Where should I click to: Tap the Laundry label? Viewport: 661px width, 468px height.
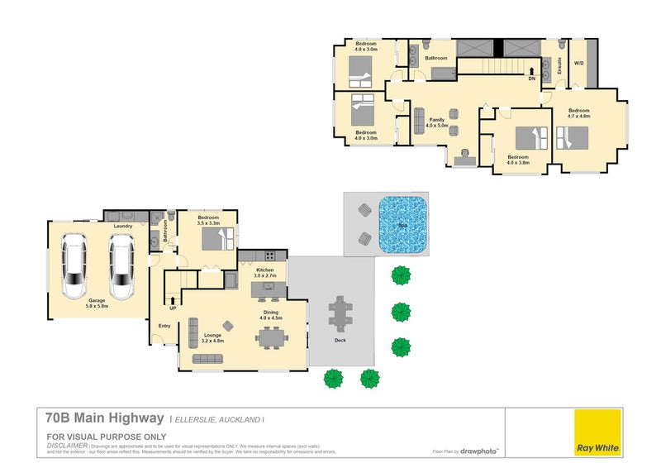pyautogui.click(x=123, y=226)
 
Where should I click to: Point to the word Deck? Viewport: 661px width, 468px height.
pyautogui.click(x=340, y=340)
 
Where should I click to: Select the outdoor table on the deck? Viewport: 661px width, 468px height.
pyautogui.click(x=340, y=313)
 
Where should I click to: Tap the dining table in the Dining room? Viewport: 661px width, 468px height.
pyautogui.click(x=270, y=337)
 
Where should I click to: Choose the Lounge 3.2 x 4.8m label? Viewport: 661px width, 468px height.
pyautogui.click(x=212, y=337)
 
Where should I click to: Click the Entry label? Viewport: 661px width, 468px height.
pyautogui.click(x=164, y=325)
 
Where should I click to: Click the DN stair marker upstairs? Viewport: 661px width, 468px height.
pyautogui.click(x=531, y=79)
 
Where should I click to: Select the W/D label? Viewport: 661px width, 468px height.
pyautogui.click(x=579, y=63)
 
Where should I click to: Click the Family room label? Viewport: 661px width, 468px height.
pyautogui.click(x=436, y=123)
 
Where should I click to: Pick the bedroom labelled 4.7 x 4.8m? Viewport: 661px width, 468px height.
pyautogui.click(x=578, y=113)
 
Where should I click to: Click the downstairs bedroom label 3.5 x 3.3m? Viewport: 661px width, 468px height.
pyautogui.click(x=208, y=221)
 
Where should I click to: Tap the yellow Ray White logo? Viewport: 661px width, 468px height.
pyautogui.click(x=597, y=432)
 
